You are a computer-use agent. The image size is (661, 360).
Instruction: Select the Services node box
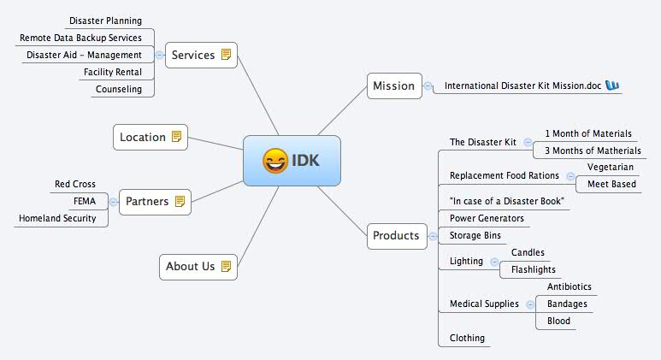[200, 55]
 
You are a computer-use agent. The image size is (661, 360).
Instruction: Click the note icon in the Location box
[177, 137]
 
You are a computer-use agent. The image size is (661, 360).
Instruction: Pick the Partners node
[154, 202]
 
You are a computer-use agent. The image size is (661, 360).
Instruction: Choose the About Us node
[198, 266]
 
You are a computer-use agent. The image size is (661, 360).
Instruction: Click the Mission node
[393, 86]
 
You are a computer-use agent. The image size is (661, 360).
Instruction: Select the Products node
[396, 235]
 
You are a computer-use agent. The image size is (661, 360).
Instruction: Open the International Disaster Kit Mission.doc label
[523, 86]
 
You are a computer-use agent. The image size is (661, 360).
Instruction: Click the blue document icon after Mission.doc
[612, 86]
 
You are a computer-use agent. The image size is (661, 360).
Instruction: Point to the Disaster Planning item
[105, 21]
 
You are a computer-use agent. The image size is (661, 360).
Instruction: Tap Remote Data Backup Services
[80, 38]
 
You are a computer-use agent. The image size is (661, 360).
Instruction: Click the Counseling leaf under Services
[119, 89]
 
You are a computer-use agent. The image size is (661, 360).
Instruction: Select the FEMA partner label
[85, 201]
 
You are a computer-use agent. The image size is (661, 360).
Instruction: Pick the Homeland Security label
[57, 218]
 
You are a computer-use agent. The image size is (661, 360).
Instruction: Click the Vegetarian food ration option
[611, 167]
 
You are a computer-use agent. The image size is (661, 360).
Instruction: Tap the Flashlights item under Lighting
[534, 269]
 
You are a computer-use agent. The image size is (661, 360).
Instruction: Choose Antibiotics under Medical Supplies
[570, 286]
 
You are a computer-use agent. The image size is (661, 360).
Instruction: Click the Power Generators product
[487, 218]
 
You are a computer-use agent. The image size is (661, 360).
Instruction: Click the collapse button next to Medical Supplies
[530, 304]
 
